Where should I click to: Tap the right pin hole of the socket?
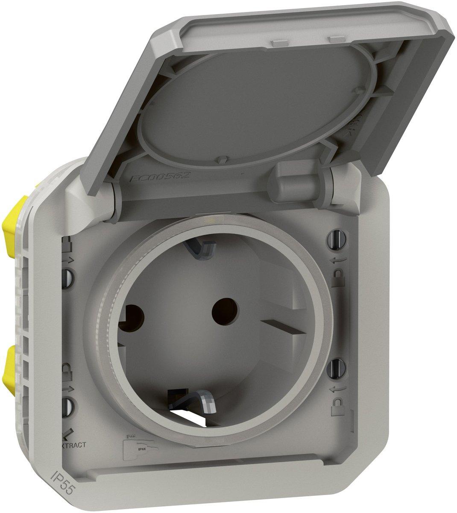222,307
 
